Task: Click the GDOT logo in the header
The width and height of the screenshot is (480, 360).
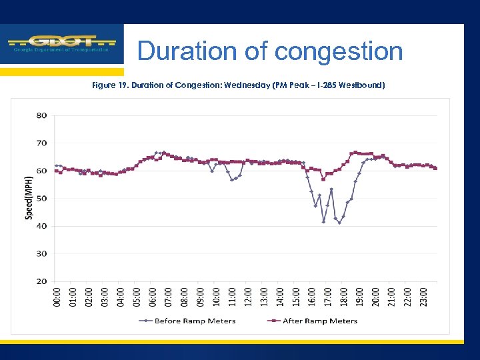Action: pos(61,44)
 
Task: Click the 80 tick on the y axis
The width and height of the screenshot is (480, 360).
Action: pos(41,115)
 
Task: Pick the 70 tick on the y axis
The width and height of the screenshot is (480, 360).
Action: pos(41,143)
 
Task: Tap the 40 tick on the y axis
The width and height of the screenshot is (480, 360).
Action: pos(41,226)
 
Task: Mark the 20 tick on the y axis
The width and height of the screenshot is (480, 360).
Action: pos(41,281)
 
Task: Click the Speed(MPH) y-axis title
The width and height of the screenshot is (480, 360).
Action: pos(29,198)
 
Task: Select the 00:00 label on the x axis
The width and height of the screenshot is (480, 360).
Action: pos(57,297)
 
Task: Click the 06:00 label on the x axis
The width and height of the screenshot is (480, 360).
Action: pos(153,297)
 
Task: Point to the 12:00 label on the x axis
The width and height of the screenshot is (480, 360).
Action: pos(249,297)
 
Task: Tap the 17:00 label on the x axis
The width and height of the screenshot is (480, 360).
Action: pos(328,297)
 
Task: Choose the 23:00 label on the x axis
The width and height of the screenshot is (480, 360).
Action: pos(424,297)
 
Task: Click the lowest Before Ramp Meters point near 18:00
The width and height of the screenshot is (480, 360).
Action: pos(339,223)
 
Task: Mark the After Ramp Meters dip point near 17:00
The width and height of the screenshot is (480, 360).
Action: pos(323,179)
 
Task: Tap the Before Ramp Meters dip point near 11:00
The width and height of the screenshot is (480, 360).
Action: pos(231,179)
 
